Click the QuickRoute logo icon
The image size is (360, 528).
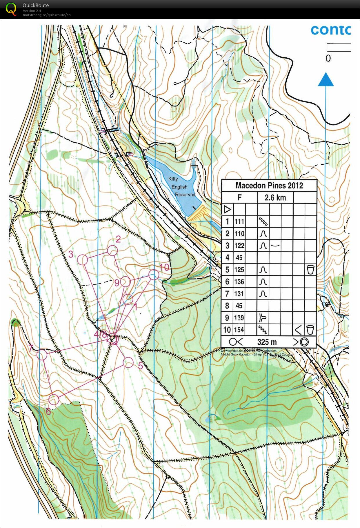(x=11, y=9)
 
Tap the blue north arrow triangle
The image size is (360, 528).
(x=326, y=80)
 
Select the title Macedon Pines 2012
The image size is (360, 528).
(x=269, y=186)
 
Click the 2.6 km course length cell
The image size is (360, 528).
(x=275, y=198)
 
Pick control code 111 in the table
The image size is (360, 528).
(x=239, y=222)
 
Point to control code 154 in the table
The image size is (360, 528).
(x=239, y=330)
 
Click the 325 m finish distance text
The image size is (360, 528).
(x=267, y=342)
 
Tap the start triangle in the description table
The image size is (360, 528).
(x=228, y=209)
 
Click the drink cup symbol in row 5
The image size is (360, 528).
(x=310, y=270)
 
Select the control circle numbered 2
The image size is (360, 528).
(x=112, y=251)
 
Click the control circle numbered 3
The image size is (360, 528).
(x=83, y=260)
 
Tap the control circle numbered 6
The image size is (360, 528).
(x=54, y=400)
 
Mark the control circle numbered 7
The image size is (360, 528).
(x=42, y=355)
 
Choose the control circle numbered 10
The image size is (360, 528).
(x=154, y=275)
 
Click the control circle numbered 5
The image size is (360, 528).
(x=128, y=362)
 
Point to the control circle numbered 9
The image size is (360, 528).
(x=125, y=282)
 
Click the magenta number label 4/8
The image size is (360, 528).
(x=100, y=334)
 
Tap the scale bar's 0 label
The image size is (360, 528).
(x=328, y=59)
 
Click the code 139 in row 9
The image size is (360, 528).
(x=239, y=318)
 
